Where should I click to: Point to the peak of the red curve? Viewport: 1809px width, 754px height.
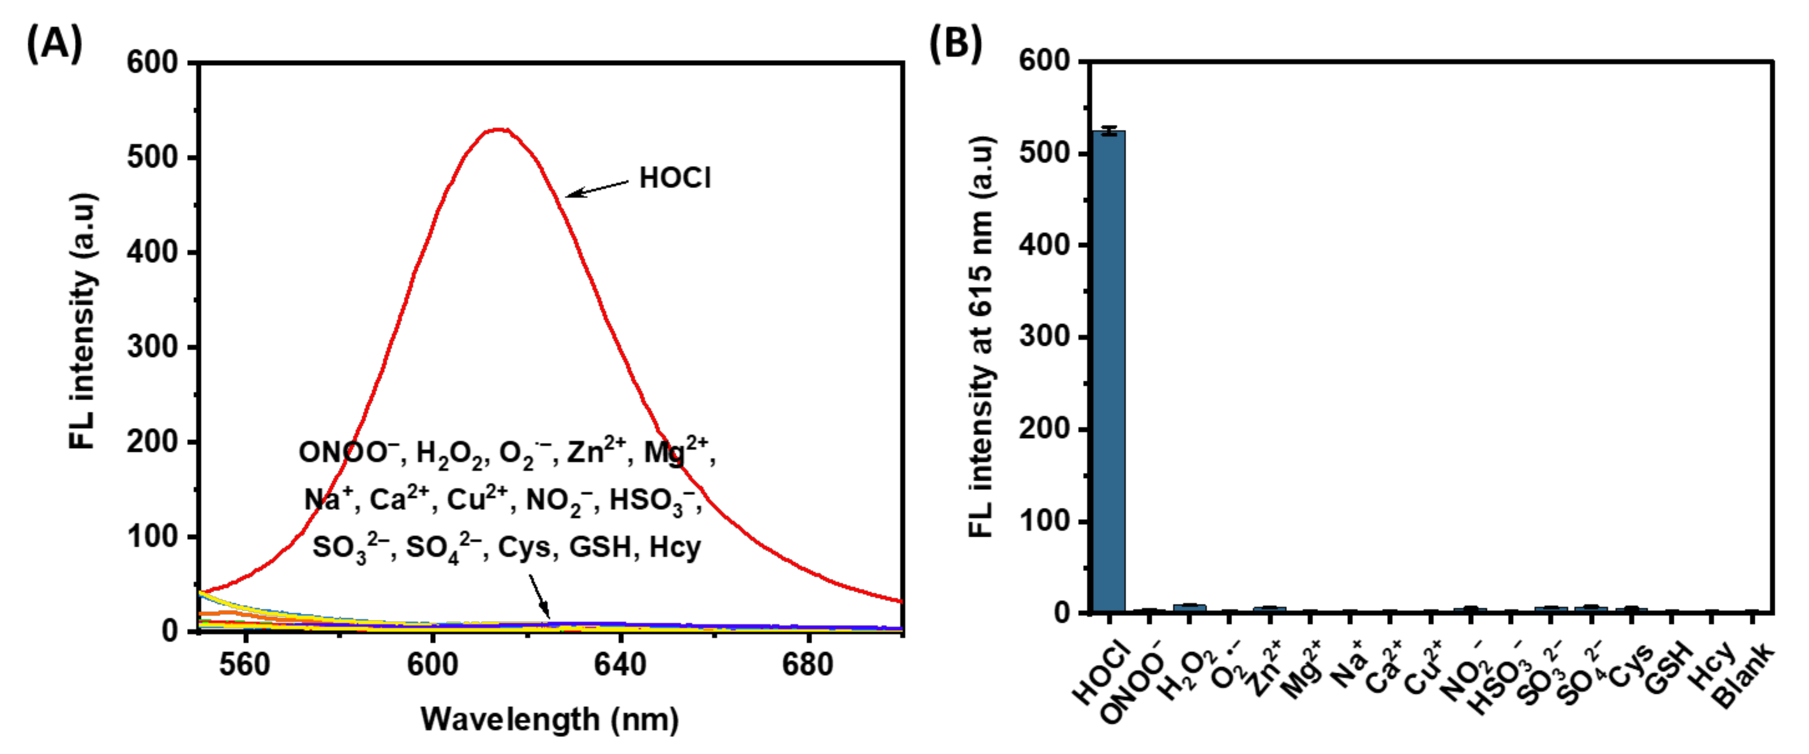[x=499, y=130]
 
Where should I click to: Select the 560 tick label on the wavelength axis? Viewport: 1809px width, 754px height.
[x=244, y=664]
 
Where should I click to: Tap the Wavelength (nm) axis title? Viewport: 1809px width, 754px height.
[x=549, y=719]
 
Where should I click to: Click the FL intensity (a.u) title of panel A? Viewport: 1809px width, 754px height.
[x=83, y=322]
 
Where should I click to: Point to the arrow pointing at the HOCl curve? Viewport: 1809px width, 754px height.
[x=597, y=188]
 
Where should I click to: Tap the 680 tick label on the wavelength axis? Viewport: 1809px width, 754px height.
[x=808, y=664]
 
